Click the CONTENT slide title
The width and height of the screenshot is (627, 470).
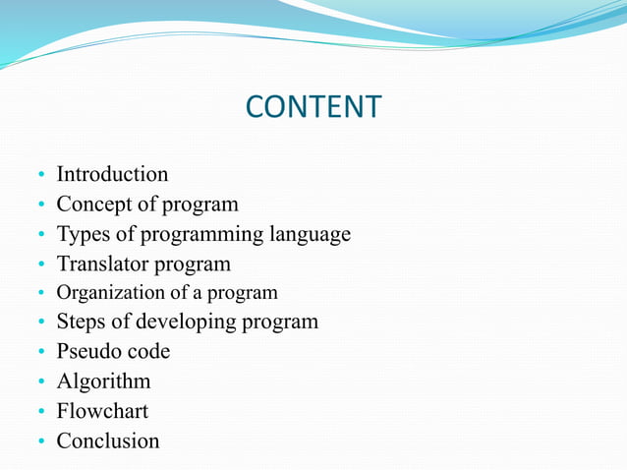(x=313, y=106)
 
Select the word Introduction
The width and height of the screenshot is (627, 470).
(x=112, y=174)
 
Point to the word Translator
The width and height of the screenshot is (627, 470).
(x=101, y=264)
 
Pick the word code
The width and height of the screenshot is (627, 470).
(x=147, y=351)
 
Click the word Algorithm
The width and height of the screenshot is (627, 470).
(x=103, y=381)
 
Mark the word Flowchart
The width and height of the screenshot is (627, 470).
(x=102, y=410)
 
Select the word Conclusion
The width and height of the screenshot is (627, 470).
(x=107, y=441)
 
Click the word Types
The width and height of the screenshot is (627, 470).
(x=82, y=235)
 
